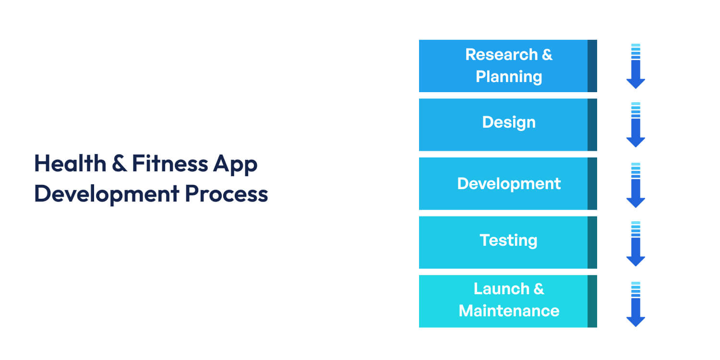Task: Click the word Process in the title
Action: pos(227,194)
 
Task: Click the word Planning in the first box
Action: pos(509,77)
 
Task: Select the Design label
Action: pos(509,122)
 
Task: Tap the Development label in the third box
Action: pos(509,184)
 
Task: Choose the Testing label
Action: pos(509,240)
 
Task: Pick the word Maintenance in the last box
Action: pos(509,311)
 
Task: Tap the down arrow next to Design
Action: pos(636,125)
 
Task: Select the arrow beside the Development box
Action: pos(636,185)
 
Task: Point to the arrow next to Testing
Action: pos(636,244)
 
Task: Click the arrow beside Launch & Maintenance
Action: pos(636,304)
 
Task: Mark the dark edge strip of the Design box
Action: pos(592,125)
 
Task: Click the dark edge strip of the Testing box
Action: pos(592,242)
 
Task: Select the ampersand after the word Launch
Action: pos(539,289)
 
